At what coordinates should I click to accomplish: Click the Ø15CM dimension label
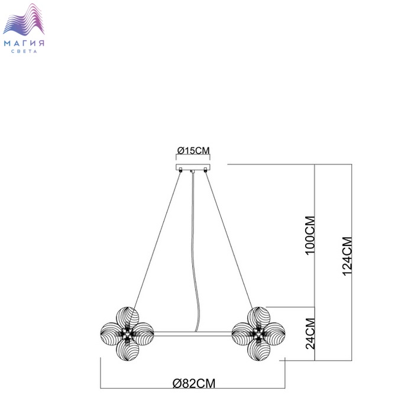click(193, 151)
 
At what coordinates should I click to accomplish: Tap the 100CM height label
click(310, 235)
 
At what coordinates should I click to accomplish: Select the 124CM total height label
click(347, 256)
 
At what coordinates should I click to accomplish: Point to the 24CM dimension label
click(310, 334)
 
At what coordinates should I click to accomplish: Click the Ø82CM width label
click(194, 383)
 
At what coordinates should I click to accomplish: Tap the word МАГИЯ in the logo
click(24, 43)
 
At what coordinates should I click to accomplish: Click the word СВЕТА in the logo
click(24, 51)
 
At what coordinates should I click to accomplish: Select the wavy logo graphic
click(24, 20)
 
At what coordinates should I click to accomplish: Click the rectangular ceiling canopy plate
click(193, 167)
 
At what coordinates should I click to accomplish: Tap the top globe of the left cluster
click(128, 318)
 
